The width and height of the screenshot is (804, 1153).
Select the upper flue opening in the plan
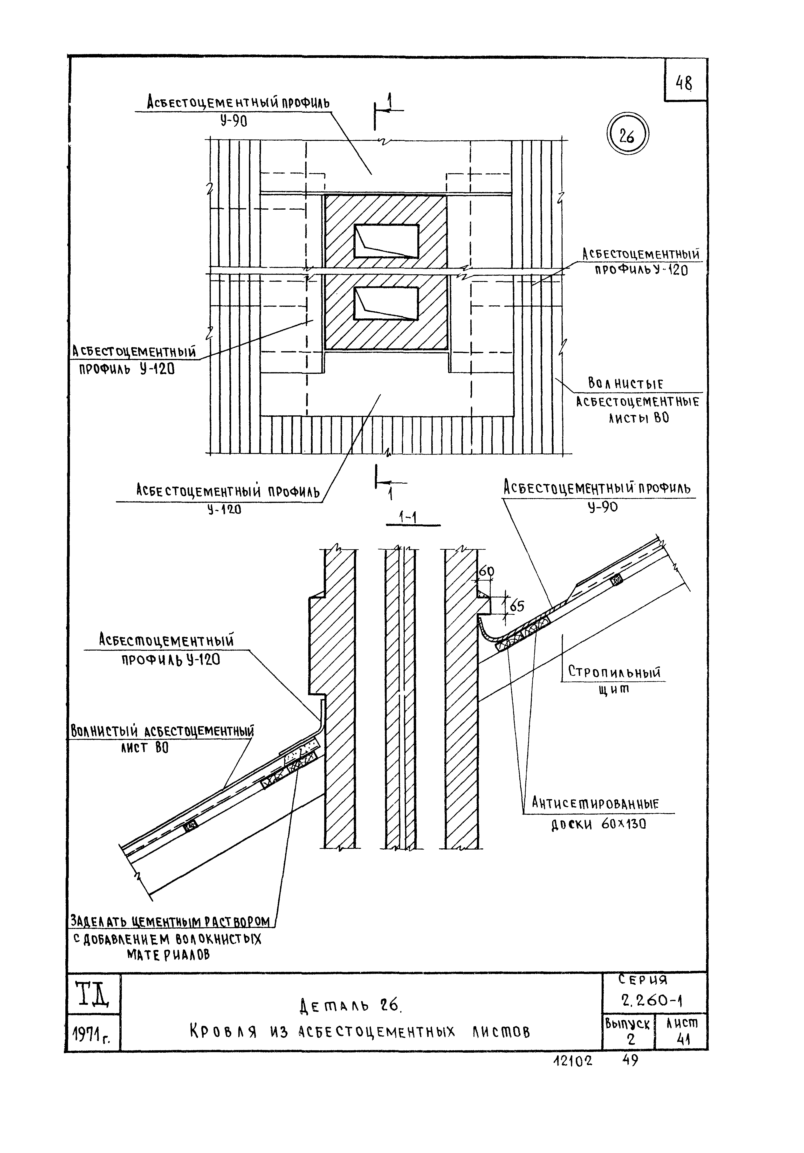tap(386, 241)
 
